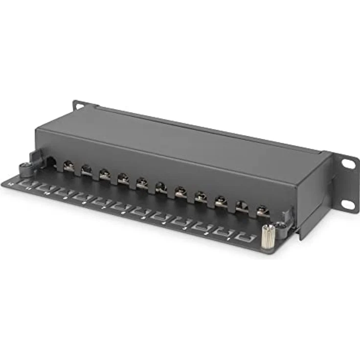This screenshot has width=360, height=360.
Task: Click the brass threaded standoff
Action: point(268,238)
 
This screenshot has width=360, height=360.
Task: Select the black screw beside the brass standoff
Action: point(281,226)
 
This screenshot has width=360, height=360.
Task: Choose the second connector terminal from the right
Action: point(242,206)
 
